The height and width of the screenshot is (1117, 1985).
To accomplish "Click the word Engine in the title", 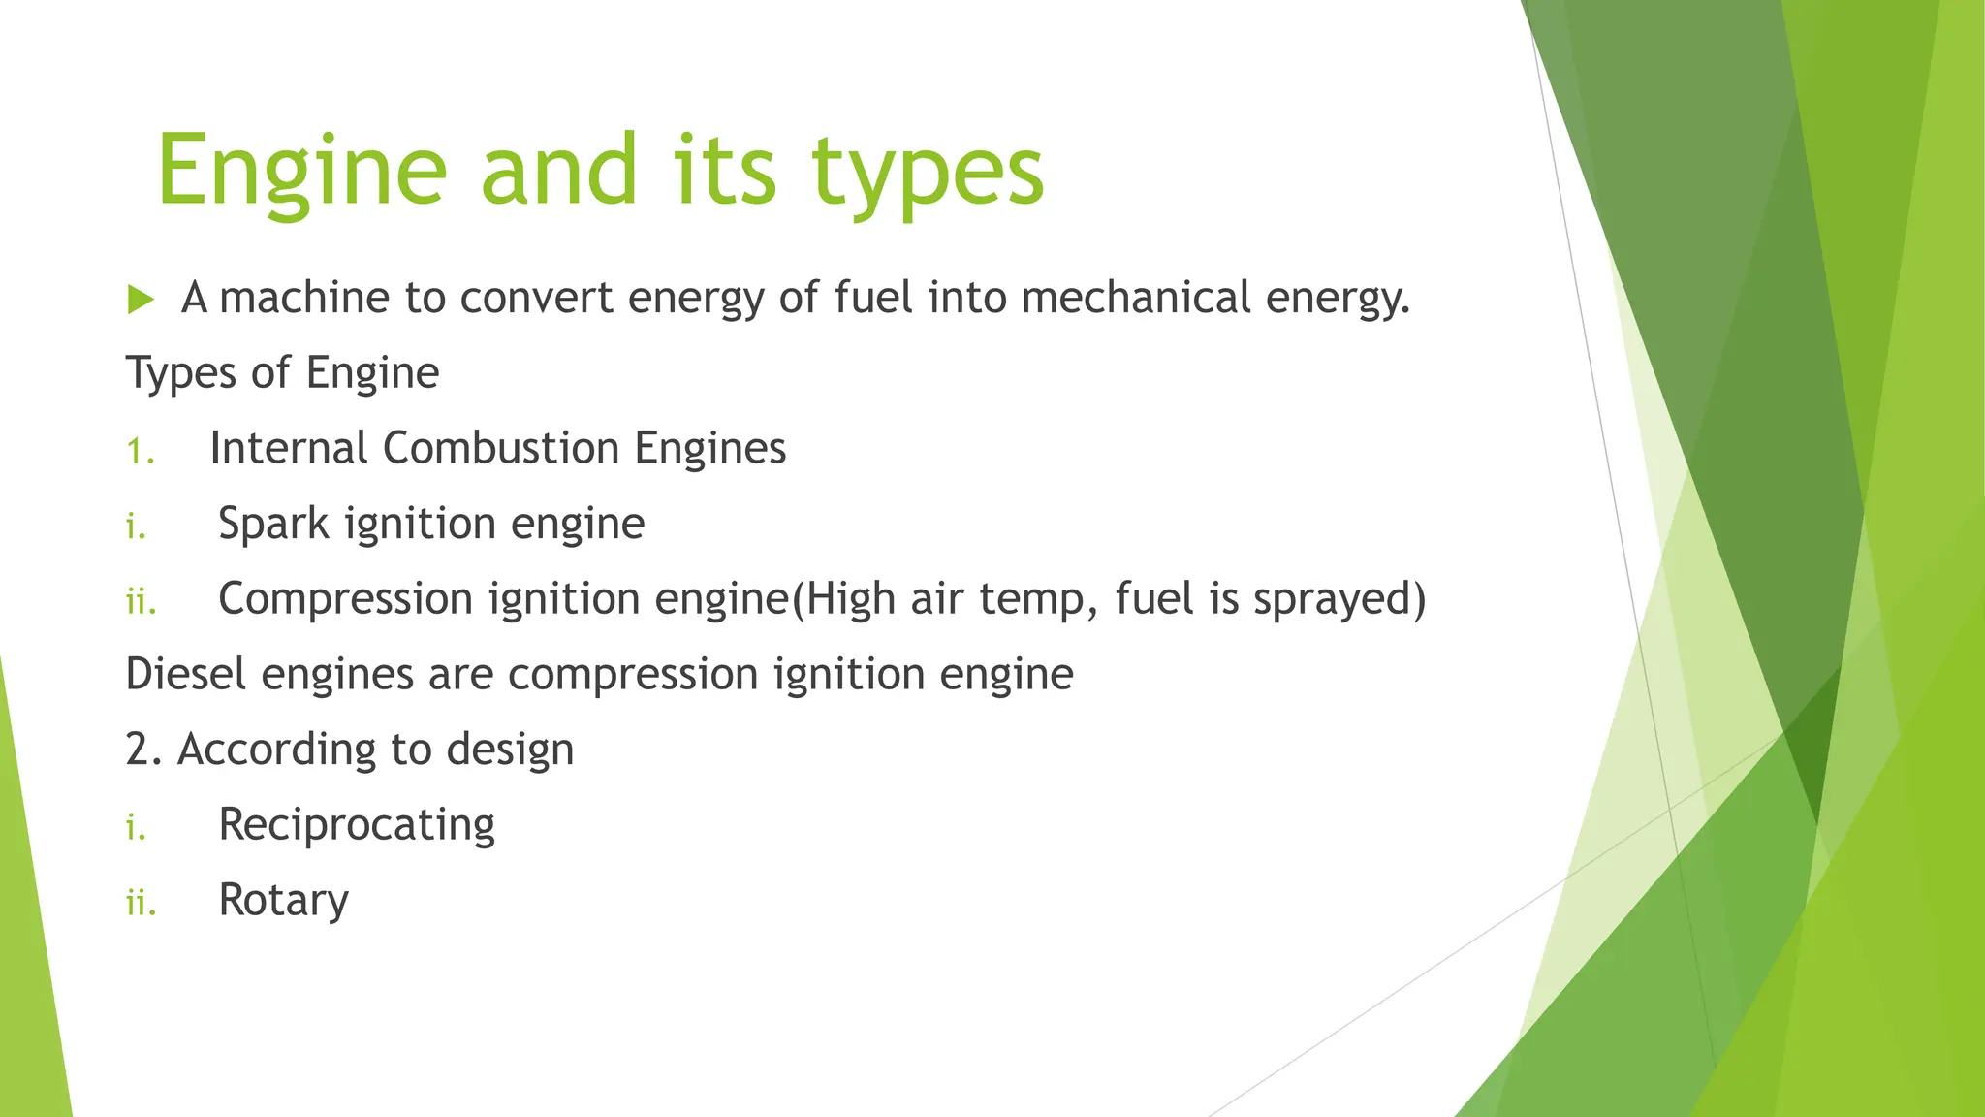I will (x=301, y=171).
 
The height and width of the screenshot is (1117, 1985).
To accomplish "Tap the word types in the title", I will (x=928, y=171).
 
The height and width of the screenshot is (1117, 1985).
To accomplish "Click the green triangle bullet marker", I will (x=141, y=300).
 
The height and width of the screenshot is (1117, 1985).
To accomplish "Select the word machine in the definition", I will (x=304, y=298).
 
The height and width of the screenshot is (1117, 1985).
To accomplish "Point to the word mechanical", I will (x=1136, y=298).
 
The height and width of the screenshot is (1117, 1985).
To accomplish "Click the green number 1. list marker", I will (x=141, y=451).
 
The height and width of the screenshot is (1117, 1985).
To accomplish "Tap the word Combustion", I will (x=500, y=449).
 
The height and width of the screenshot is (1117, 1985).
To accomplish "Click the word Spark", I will (x=273, y=525).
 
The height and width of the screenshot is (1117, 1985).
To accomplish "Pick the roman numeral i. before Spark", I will (x=136, y=527).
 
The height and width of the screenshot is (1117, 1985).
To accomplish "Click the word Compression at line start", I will (x=345, y=599).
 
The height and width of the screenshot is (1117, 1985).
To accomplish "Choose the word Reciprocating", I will (x=357, y=825).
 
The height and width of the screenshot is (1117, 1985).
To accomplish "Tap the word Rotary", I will (x=283, y=901).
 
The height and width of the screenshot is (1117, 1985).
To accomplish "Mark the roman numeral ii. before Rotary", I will (x=141, y=903).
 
